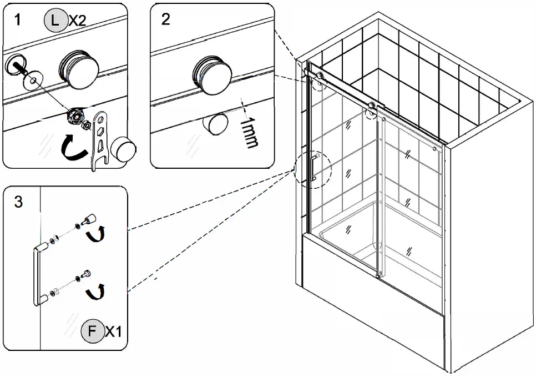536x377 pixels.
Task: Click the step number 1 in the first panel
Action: pyautogui.click(x=18, y=20)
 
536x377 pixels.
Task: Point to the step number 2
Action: pyautogui.click(x=165, y=20)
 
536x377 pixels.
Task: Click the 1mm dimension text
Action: pyautogui.click(x=249, y=133)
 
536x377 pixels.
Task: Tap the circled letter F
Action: pyautogui.click(x=92, y=332)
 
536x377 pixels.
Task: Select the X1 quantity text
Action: pyautogui.click(x=114, y=332)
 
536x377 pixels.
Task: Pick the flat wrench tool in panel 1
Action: pyautogui.click(x=100, y=139)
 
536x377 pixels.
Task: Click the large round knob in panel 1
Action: pyautogui.click(x=79, y=68)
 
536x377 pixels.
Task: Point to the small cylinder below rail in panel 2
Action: pyautogui.click(x=216, y=123)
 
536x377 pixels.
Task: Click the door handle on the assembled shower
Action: pyautogui.click(x=313, y=168)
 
